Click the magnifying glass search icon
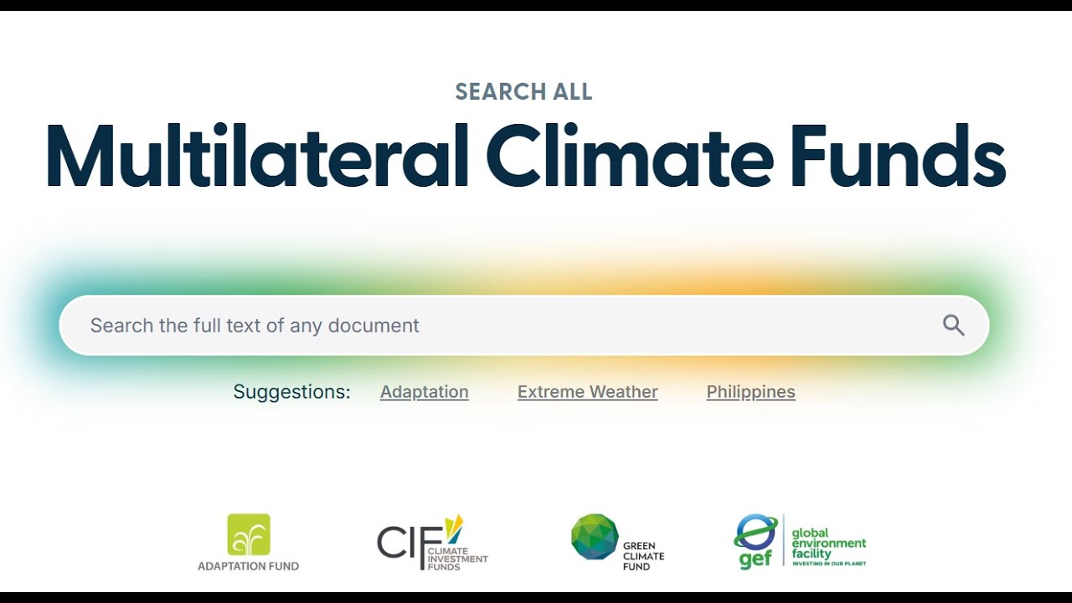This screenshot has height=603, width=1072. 953,326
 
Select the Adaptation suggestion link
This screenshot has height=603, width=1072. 424,391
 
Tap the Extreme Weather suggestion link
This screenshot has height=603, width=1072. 587,391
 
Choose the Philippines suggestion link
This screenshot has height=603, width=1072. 750,391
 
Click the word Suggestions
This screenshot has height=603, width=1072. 291,391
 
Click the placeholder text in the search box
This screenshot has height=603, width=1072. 255,326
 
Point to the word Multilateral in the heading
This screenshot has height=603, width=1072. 256,155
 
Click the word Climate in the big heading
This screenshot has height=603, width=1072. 630,155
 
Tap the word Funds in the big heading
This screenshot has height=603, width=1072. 899,155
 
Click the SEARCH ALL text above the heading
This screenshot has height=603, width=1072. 523,91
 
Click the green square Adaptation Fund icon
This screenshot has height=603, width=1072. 249,534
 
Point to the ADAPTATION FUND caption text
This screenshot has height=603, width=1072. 249,566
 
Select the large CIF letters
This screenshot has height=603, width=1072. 410,542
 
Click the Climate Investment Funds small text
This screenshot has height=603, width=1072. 457,559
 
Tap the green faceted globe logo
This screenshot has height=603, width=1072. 595,537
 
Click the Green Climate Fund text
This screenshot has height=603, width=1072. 643,556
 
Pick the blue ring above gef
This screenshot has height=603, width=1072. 755,532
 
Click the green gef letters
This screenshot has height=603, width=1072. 755,559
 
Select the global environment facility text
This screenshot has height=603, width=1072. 828,544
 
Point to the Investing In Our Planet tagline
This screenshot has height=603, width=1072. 829,564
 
